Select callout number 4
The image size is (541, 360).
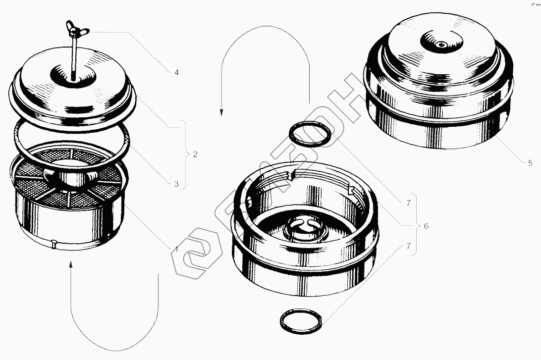(176, 72)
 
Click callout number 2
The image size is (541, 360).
(195, 154)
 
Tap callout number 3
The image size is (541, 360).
(176, 184)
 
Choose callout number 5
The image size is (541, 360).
(530, 163)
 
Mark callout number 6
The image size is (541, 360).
(426, 226)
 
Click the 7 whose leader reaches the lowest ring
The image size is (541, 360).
(409, 246)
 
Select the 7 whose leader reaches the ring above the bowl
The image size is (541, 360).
(409, 204)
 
